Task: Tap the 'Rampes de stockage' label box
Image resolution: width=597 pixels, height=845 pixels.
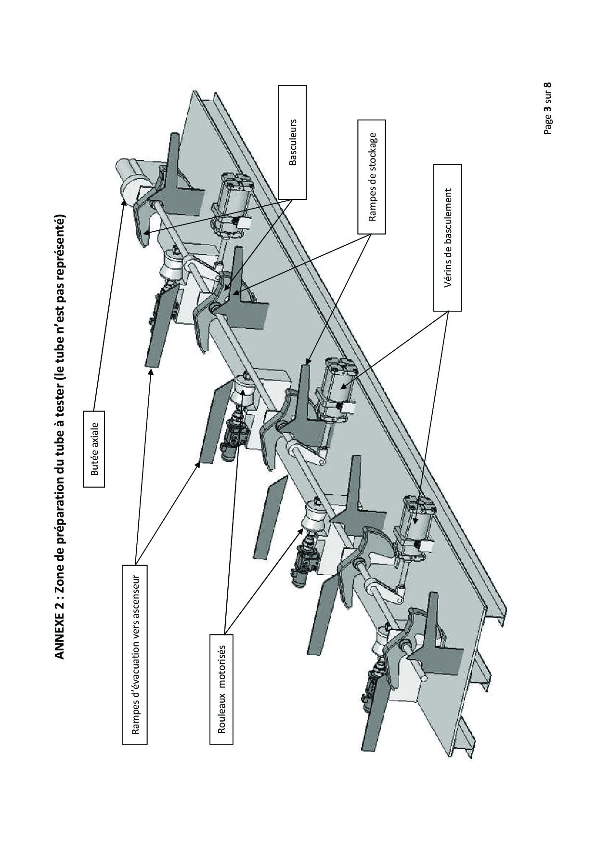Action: (x=372, y=177)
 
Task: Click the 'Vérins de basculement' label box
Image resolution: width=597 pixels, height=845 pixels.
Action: (x=447, y=237)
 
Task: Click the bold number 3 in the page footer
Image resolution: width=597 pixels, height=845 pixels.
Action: (x=547, y=110)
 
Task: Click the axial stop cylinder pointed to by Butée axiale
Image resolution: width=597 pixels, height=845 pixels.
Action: (x=130, y=183)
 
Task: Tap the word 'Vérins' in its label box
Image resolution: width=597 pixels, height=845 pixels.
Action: (x=447, y=277)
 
